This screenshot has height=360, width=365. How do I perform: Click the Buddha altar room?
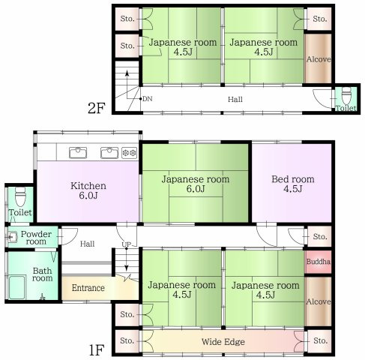pos(318,262)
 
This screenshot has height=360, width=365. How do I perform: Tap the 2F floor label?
pos(97,108)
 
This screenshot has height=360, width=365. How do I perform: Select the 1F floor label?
pos(97,349)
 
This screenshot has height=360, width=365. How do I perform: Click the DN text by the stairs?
pos(148,99)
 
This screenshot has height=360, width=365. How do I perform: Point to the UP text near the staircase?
pos(127,244)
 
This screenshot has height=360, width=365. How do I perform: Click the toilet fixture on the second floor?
pos(346,97)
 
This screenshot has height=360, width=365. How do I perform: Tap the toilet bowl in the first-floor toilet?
pos(20,197)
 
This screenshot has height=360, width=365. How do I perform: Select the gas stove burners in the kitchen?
pos(130,152)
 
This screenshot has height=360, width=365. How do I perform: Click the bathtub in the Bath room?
pos(17,287)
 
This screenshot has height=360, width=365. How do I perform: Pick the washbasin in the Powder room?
pos(12,237)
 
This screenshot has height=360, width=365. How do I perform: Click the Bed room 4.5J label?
pos(293,184)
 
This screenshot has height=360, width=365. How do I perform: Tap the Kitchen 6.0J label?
pos(88,190)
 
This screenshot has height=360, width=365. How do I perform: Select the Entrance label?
pos(88,288)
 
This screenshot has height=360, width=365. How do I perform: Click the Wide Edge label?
pos(223,342)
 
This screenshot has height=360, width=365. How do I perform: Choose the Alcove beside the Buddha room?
pos(319,301)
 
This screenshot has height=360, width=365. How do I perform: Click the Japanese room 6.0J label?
pos(196,184)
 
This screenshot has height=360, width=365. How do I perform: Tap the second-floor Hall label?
pos(235,99)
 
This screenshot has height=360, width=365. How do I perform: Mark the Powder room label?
pos(36,238)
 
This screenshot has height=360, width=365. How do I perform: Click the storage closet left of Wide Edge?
pos(127,340)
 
